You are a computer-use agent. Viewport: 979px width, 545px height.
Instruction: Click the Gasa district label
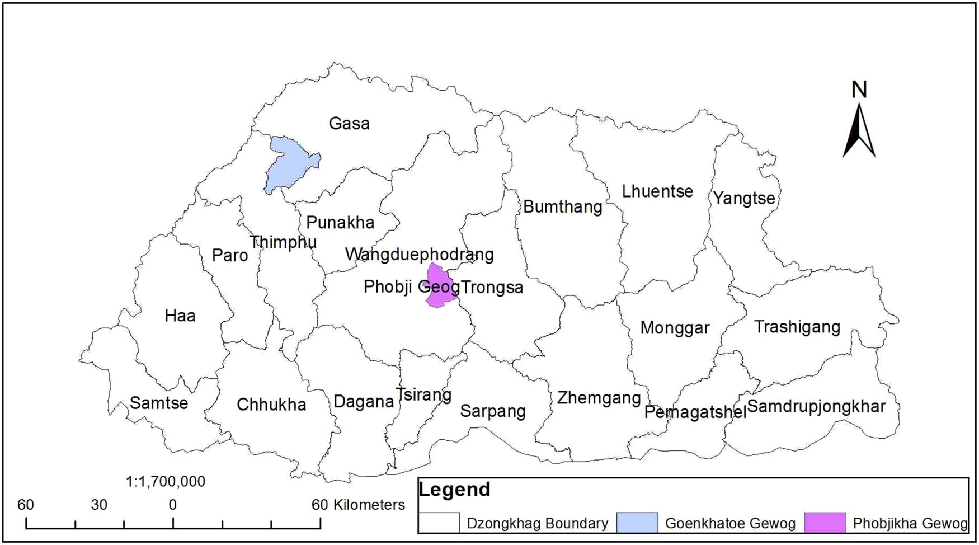pos(349,124)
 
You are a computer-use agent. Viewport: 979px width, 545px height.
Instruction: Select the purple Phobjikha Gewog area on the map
pos(440,286)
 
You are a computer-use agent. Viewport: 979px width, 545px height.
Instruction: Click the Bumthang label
pos(562,207)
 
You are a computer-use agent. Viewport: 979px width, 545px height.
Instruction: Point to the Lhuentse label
pos(657,191)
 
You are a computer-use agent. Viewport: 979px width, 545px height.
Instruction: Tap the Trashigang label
pos(797,327)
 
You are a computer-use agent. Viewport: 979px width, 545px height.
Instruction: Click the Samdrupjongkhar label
pos(816,407)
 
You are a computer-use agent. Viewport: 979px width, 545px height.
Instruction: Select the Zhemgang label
pos(599,398)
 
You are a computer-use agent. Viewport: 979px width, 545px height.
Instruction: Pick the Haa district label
pos(180,316)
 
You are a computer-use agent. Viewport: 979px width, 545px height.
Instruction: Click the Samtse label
pos(159,403)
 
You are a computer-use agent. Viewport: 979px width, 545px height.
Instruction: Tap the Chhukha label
pos(271,405)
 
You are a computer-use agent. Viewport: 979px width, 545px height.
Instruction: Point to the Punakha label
pos(340,223)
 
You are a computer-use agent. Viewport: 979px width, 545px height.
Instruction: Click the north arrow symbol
pos(859,129)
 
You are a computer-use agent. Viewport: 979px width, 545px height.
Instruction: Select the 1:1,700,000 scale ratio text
pos(166,482)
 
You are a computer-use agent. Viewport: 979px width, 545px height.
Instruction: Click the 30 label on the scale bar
pos(99,505)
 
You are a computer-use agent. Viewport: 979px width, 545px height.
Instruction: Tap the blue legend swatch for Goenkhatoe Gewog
pos(637,523)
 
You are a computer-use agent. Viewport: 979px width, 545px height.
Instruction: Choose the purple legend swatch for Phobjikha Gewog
pos(825,523)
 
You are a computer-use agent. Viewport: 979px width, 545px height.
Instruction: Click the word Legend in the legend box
pos(454,490)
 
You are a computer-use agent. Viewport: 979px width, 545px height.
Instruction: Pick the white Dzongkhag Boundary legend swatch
pos(440,523)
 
